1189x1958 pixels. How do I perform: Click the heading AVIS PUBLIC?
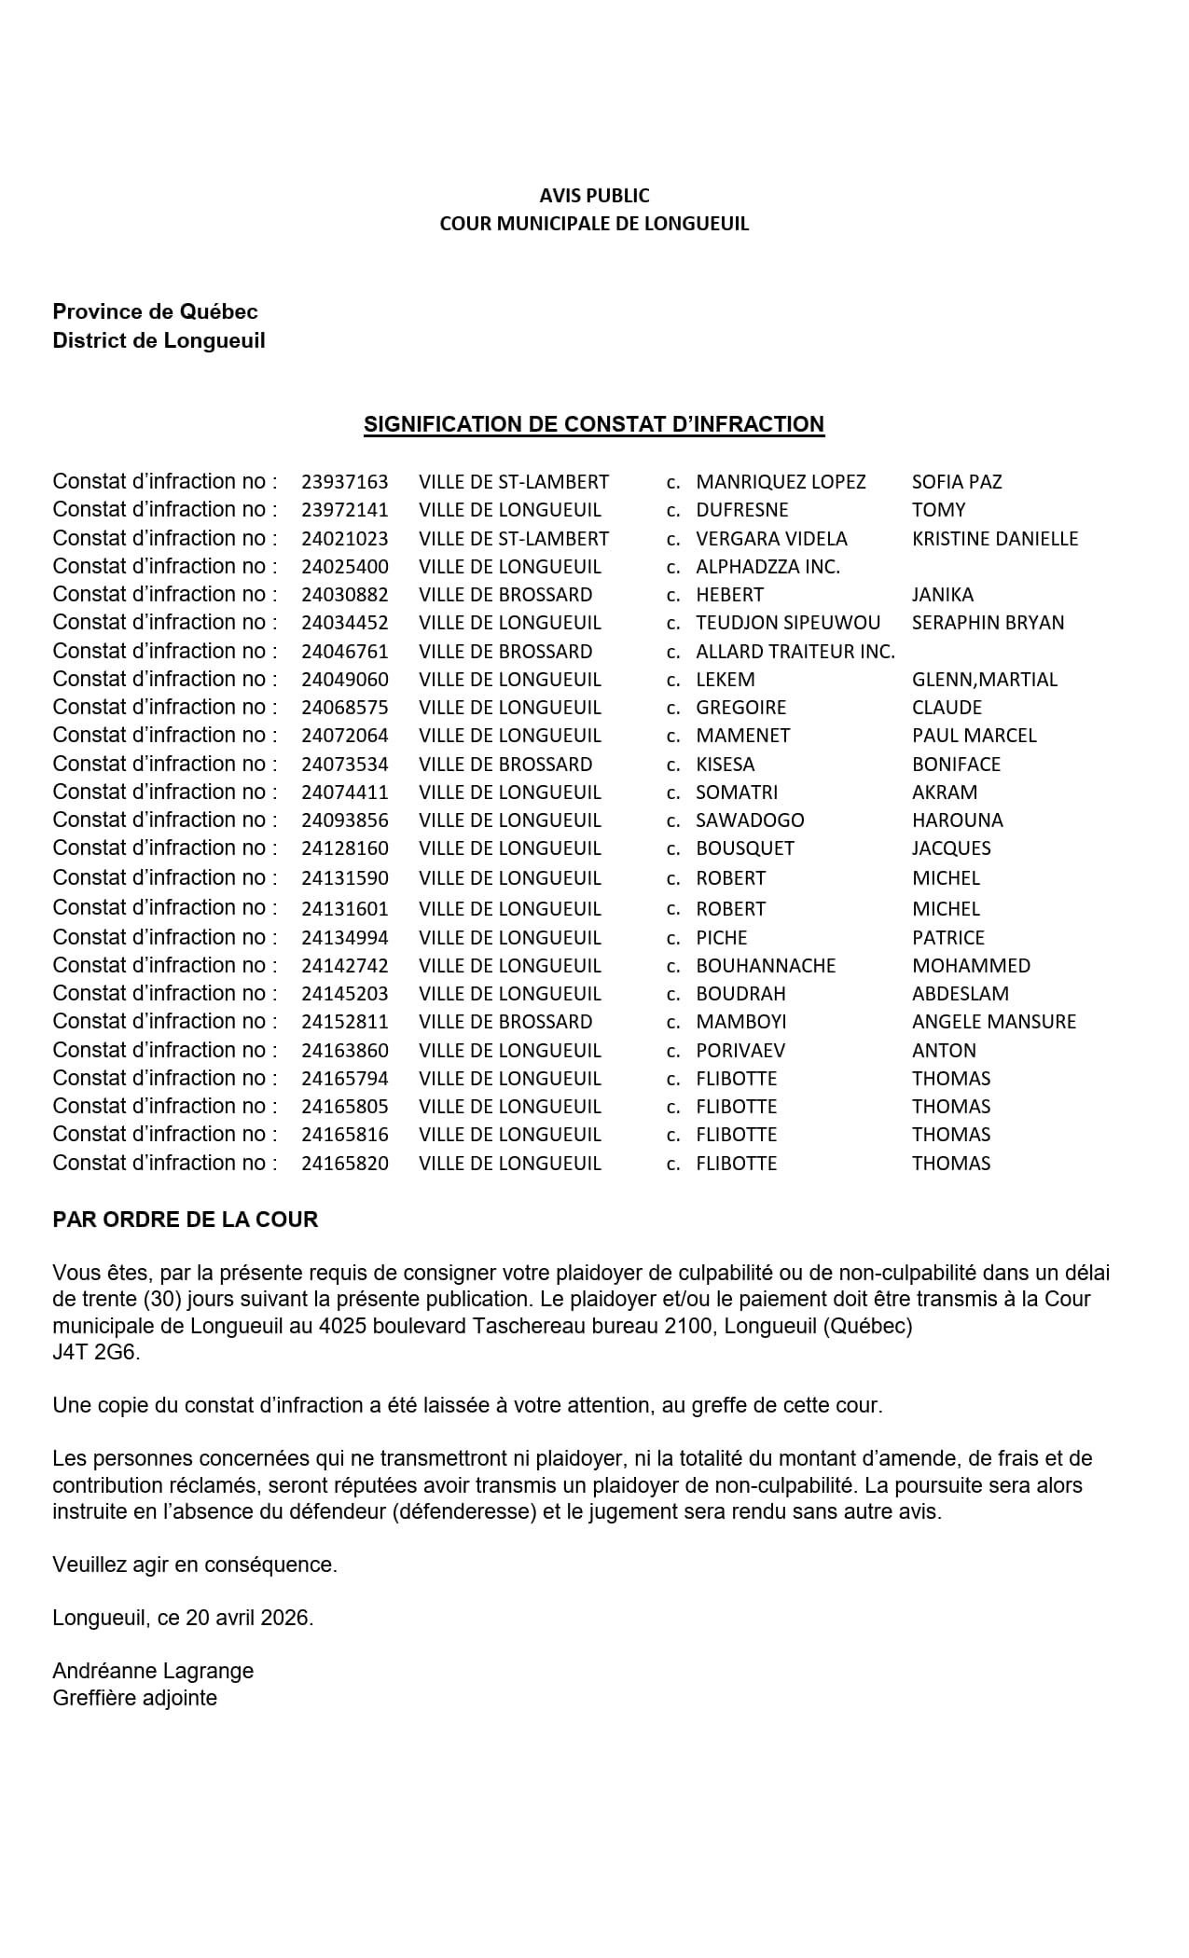[594, 196]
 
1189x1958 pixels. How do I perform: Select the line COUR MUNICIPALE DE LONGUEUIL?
[594, 224]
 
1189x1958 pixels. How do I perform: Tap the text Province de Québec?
[155, 311]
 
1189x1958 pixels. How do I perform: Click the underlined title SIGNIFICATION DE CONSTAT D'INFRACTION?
[594, 424]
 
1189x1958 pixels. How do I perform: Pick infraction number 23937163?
[344, 482]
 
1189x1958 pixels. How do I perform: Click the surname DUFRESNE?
[742, 510]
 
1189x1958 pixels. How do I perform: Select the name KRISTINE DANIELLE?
[995, 539]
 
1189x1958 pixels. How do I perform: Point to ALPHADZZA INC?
[767, 567]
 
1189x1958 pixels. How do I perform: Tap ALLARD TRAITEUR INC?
[795, 652]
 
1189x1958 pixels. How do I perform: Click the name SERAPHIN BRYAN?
[988, 623]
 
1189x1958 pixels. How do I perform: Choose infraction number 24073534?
[344, 765]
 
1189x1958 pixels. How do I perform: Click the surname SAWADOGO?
[750, 820]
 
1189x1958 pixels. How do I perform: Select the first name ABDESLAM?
[961, 994]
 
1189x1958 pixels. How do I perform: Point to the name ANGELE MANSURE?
[994, 1022]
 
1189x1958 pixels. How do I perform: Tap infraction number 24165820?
[344, 1164]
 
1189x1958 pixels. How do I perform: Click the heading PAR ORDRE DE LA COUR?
[186, 1220]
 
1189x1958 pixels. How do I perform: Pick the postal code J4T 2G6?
[96, 1352]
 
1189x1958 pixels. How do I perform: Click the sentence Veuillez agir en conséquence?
[195, 1565]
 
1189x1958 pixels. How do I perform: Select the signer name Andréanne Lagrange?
[153, 1671]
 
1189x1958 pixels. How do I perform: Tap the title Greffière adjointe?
[134, 1698]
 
